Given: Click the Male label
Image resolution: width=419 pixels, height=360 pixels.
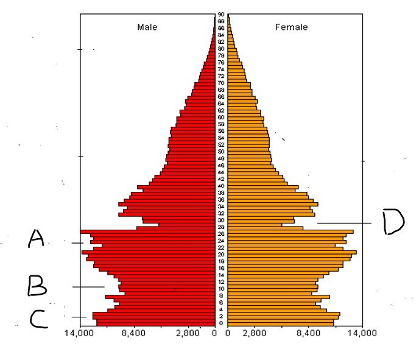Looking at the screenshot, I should tap(147, 27).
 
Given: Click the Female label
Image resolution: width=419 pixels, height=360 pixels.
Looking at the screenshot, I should tap(291, 27).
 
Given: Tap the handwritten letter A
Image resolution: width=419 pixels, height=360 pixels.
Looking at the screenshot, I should tap(36, 239).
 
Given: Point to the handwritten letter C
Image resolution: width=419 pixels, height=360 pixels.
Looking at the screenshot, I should tap(38, 319).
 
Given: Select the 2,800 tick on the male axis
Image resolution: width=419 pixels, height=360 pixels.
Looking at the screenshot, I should tap(187, 333).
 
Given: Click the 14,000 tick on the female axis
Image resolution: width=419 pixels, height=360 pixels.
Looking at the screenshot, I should tap(362, 333).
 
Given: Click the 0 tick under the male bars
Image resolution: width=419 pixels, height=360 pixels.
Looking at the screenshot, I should tap(214, 333).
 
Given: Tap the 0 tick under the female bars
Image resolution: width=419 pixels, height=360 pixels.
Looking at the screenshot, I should tap(228, 333).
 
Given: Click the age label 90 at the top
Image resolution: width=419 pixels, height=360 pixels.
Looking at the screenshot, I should tap(221, 14).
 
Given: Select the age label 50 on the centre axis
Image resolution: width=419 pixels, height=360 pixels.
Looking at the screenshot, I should tap(221, 152).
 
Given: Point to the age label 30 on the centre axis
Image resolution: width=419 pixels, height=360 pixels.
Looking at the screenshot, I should tap(221, 221).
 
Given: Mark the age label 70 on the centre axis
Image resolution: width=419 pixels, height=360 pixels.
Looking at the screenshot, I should tap(221, 83).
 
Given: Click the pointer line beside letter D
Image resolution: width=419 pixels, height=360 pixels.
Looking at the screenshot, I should tap(344, 223).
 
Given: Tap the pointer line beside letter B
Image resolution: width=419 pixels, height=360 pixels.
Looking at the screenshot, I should tap(88, 287).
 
